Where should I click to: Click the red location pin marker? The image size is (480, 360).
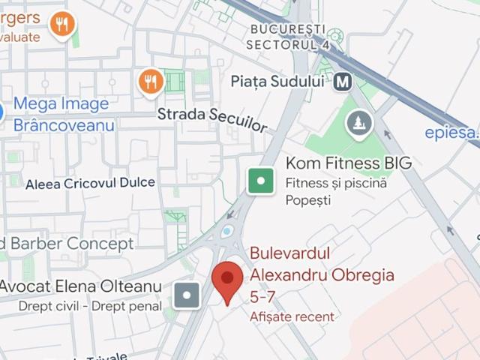click(227, 281)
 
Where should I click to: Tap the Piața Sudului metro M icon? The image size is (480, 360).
click(343, 81)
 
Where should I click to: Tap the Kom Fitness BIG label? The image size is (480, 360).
click(349, 163)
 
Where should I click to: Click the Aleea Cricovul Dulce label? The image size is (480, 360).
click(90, 183)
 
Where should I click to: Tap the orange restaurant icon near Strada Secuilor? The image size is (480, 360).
click(151, 80)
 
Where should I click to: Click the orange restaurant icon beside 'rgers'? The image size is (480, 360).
click(62, 25)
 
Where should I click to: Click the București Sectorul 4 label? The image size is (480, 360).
click(288, 36)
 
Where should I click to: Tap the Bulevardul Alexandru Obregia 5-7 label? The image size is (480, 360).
click(322, 274)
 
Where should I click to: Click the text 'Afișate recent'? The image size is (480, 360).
click(292, 316)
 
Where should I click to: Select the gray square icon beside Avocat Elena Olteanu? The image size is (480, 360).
click(187, 295)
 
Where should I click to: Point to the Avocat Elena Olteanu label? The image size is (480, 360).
click(79, 286)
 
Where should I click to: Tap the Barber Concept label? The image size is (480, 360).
click(67, 244)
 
